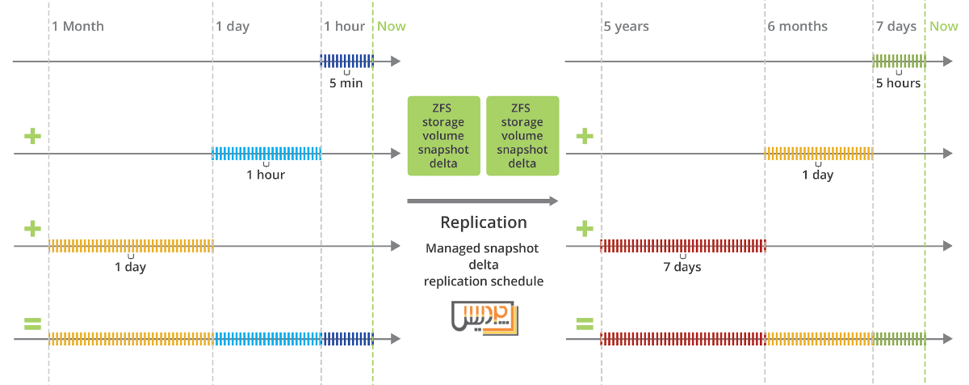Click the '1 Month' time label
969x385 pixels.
point(78,27)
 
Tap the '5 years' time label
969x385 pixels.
point(626,27)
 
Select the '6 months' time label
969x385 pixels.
point(797,27)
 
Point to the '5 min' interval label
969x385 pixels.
point(346,83)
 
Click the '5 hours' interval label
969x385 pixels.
point(898,83)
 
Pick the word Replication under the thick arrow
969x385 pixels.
point(483,222)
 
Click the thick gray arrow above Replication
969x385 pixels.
point(482,201)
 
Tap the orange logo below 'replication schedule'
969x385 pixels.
point(484,317)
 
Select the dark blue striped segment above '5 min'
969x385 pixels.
point(346,61)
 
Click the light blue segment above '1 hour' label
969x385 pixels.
point(266,153)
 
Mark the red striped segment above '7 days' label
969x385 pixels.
point(682,246)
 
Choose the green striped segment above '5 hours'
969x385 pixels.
point(898,61)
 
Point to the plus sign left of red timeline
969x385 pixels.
point(584,229)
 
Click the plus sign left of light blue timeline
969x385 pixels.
point(32,136)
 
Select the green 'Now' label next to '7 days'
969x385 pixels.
point(943,27)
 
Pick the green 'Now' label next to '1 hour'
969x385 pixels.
point(392,27)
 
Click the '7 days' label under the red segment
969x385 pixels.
point(682,268)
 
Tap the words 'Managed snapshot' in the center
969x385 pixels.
point(482,248)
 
